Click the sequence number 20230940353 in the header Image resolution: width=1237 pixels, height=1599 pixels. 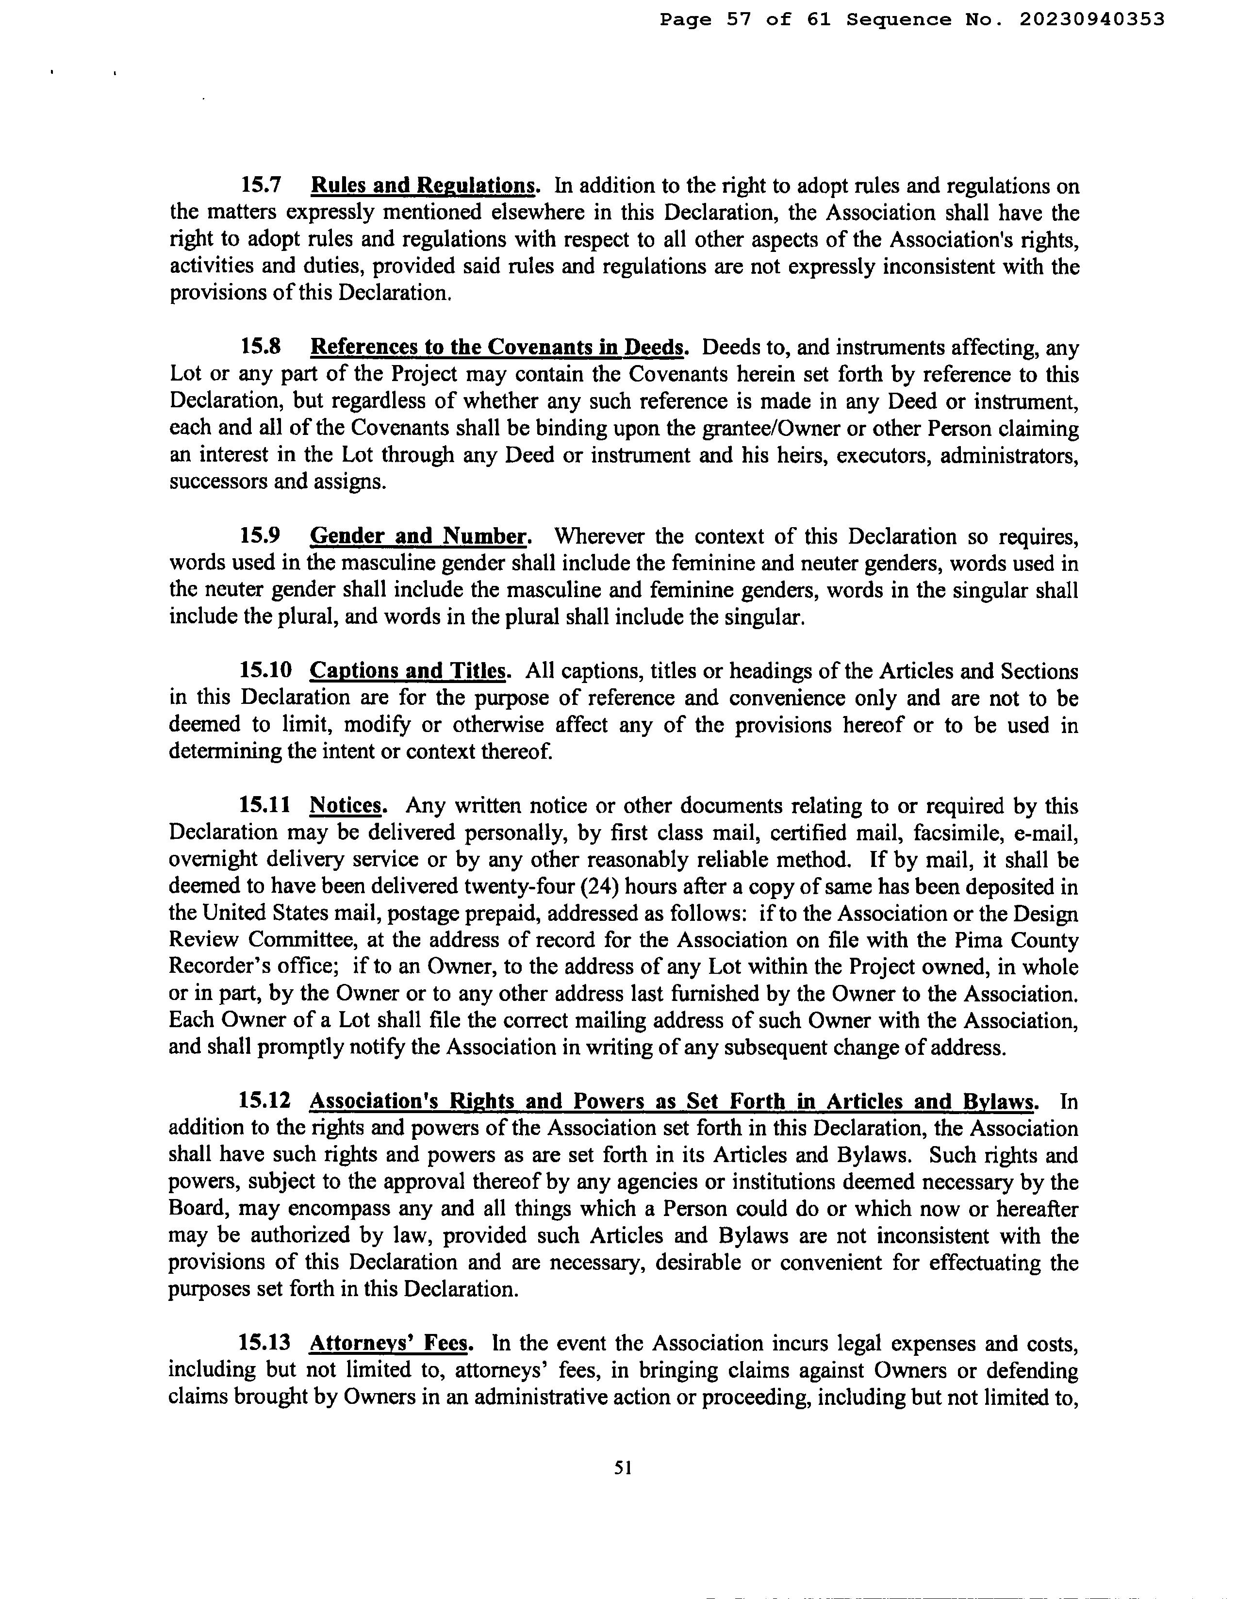tap(1090, 20)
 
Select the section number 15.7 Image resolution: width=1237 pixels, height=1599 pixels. tap(261, 185)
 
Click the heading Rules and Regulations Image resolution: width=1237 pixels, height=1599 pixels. tap(424, 185)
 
